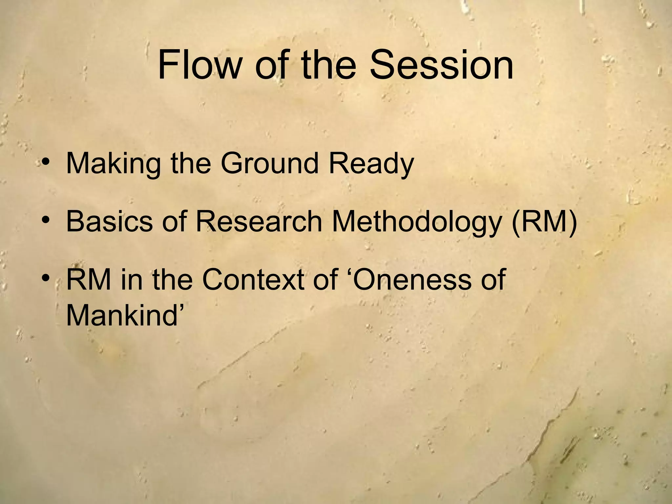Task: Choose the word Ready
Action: point(371,164)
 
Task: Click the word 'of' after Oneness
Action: point(492,280)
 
